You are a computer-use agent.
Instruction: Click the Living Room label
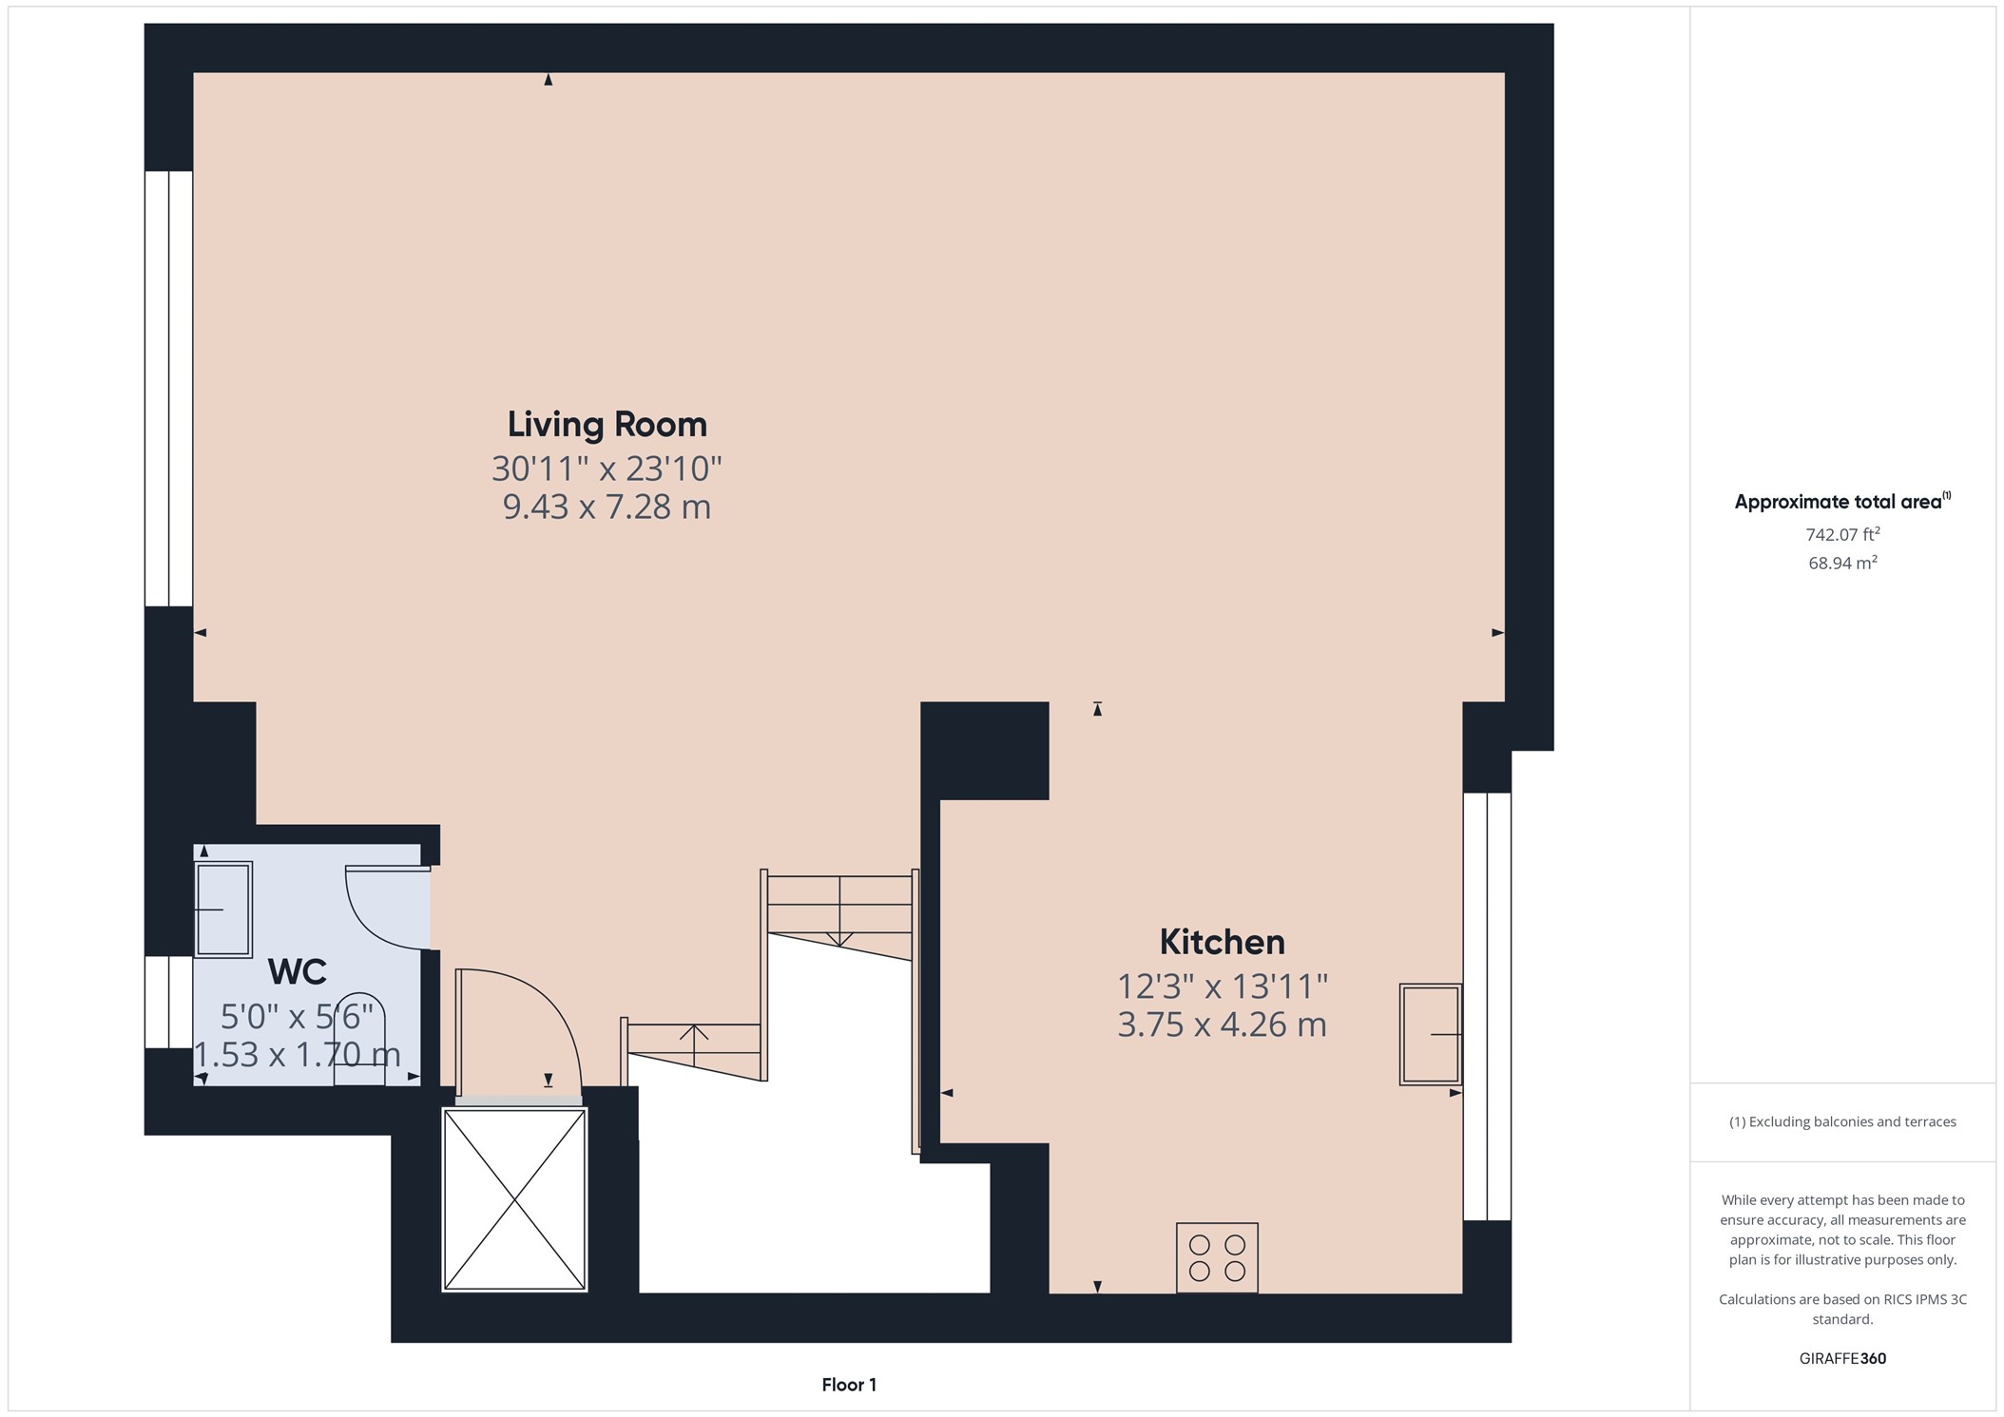coord(607,424)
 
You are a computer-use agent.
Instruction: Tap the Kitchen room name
coord(1222,942)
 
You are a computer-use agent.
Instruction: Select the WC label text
coord(297,972)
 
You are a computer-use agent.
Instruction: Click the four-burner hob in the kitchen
coord(1217,1257)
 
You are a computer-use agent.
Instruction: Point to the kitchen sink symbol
coord(1430,1034)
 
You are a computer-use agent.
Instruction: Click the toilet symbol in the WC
coord(359,1041)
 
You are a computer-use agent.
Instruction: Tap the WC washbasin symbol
coord(223,910)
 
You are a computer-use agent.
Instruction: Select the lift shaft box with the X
coord(514,1200)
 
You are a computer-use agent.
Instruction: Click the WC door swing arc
coord(385,908)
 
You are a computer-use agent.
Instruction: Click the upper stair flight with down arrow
coord(839,912)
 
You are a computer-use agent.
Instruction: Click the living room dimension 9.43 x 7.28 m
coord(607,507)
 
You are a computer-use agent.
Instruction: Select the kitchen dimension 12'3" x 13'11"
coord(1222,986)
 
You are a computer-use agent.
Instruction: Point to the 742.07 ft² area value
coord(1842,534)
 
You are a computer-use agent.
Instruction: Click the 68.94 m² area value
coord(1842,563)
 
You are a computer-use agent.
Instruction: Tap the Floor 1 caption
coord(849,1385)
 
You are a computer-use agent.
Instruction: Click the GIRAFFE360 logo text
coord(1842,1358)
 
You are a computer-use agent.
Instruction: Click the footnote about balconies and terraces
coord(1842,1121)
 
